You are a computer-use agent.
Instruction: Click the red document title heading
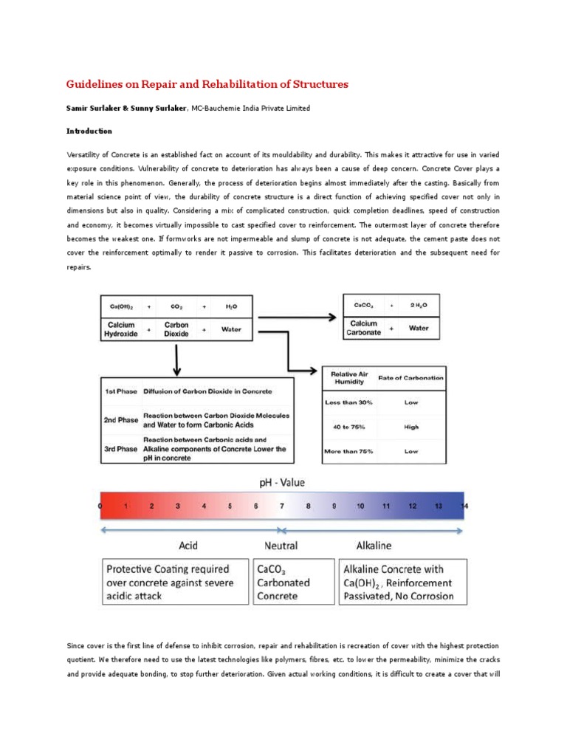[x=207, y=84]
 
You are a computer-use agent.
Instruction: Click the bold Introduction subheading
[x=89, y=131]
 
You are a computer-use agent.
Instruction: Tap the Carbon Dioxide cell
[x=176, y=329]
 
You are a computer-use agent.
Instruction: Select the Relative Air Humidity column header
[x=348, y=377]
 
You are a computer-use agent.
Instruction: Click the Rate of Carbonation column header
[x=411, y=377]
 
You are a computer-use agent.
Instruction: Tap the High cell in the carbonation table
[x=411, y=426]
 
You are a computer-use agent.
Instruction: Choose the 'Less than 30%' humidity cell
[x=348, y=402]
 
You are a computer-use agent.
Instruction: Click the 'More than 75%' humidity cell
[x=348, y=450]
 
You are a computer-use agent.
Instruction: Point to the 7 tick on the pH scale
[x=281, y=506]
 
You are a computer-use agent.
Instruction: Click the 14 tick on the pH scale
[x=462, y=506]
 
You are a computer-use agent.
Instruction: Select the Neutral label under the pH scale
[x=281, y=546]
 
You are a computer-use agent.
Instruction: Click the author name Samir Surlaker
[x=94, y=108]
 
